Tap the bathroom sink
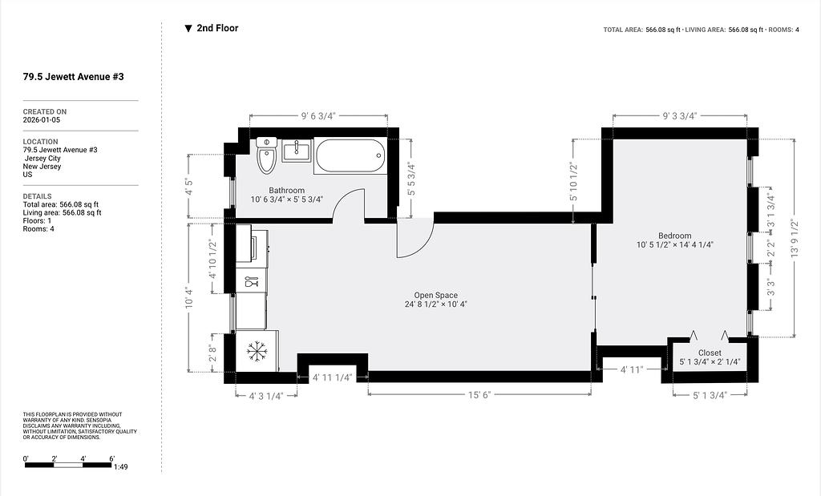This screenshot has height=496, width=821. pyautogui.click(x=297, y=151)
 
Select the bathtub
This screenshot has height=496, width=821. pyautogui.click(x=350, y=155)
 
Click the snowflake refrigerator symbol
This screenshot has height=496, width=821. pyautogui.click(x=257, y=351)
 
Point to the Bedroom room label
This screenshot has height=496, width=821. pyautogui.click(x=675, y=236)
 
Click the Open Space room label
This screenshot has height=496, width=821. pyautogui.click(x=435, y=295)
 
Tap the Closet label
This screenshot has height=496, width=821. pyautogui.click(x=710, y=353)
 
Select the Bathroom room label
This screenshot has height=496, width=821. pyautogui.click(x=286, y=191)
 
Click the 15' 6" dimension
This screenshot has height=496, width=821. pyautogui.click(x=479, y=395)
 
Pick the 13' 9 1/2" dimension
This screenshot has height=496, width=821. pyautogui.click(x=795, y=237)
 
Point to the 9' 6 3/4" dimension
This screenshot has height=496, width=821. pyautogui.click(x=317, y=116)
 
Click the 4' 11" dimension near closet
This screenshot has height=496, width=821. pyautogui.click(x=632, y=370)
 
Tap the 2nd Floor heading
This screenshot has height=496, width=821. pyautogui.click(x=217, y=28)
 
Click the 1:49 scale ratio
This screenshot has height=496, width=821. pyautogui.click(x=121, y=466)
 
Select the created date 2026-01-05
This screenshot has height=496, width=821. pyautogui.click(x=42, y=120)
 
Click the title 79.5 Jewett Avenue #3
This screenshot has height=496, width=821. pyautogui.click(x=73, y=76)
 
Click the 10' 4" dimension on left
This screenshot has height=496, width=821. pyautogui.click(x=189, y=298)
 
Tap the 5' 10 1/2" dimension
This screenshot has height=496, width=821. pyautogui.click(x=574, y=183)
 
